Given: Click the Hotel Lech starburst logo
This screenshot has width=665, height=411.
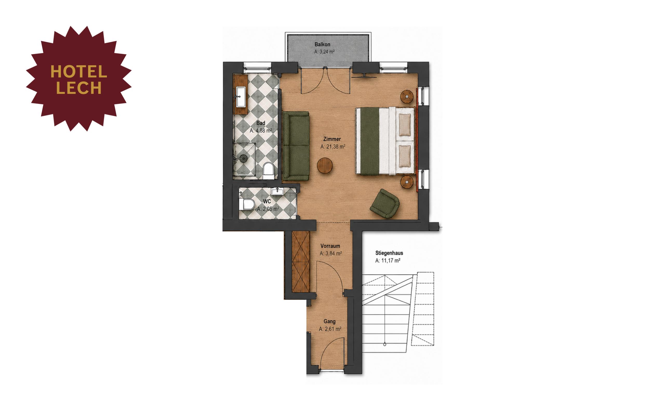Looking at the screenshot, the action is pos(79,79).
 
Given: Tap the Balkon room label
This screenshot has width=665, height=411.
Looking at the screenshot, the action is pos(322,44).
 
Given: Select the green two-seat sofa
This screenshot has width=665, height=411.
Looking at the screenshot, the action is pos(296,146).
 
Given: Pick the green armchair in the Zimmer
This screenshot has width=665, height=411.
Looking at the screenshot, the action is pos(385,204).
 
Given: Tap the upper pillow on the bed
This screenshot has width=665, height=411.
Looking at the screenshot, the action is pos(405,125).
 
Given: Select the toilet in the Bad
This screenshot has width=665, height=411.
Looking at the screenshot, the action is pos(269,171).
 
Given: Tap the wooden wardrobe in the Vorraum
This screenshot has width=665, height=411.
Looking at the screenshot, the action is pos(301,262).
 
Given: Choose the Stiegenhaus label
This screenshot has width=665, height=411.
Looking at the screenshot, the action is pos(389,253).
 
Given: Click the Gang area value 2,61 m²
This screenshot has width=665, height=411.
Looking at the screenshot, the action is pos(333,329).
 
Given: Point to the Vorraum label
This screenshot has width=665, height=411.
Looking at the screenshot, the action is pos(330,246).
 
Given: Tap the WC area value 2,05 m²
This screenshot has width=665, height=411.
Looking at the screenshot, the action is pos(271,209).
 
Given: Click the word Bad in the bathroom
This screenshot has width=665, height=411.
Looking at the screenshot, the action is pos(261,123).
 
